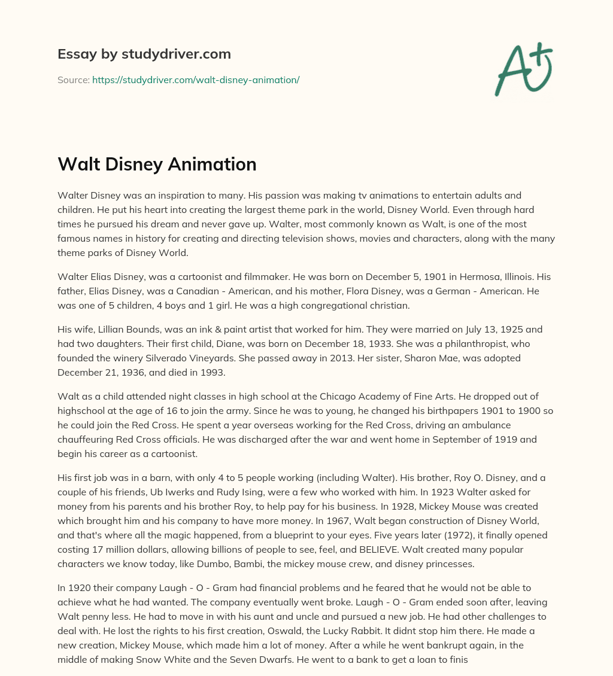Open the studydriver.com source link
click(x=196, y=80)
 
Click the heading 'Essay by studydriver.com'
click(x=144, y=54)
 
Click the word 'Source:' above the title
click(x=73, y=80)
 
